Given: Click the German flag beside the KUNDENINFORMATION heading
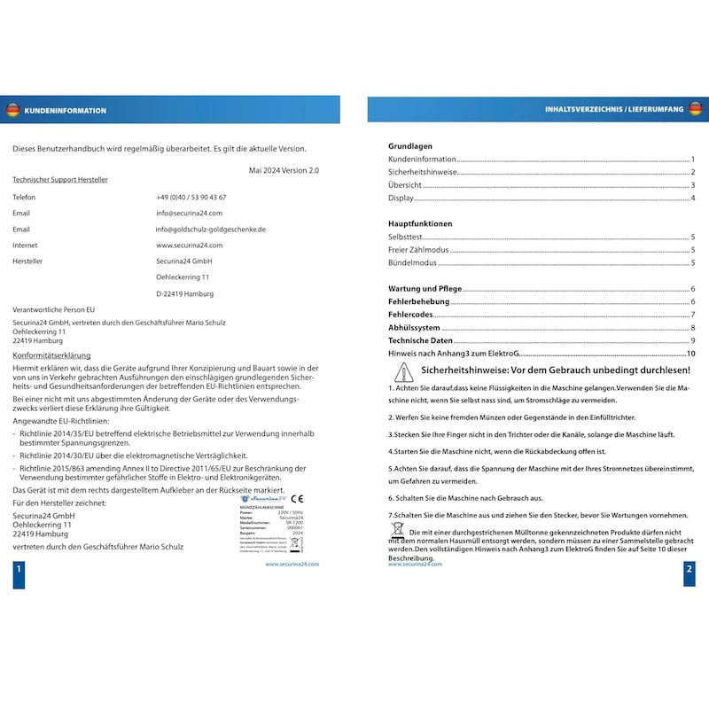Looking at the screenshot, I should click(12, 110).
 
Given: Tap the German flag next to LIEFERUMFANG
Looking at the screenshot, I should click(695, 109).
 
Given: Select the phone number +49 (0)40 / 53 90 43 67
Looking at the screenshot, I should click(191, 197).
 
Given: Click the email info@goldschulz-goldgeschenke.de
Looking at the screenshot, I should click(211, 229).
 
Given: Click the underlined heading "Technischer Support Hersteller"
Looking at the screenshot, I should click(60, 180).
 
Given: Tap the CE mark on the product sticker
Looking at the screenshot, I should click(297, 499).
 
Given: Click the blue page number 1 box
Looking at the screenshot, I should click(19, 574).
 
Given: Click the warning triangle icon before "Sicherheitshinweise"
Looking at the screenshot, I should click(403, 370).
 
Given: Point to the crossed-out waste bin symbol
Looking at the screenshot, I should click(397, 531).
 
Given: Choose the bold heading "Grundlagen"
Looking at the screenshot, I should click(410, 145).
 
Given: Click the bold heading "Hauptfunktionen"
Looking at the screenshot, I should click(420, 224).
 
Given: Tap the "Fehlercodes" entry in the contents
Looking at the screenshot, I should click(410, 315).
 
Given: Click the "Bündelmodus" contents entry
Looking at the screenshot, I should click(413, 263).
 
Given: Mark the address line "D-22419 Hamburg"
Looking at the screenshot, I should click(184, 293).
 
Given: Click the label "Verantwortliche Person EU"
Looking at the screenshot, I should click(54, 309).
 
